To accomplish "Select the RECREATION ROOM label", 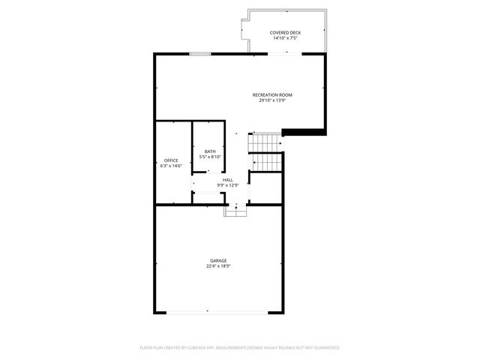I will pyautogui.click(x=271, y=94).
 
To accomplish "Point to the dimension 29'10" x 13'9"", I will pyautogui.click(x=271, y=100).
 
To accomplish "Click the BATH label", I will pyautogui.click(x=210, y=151).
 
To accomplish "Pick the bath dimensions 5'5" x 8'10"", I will pyautogui.click(x=210, y=157).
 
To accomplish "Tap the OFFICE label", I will pyautogui.click(x=171, y=160).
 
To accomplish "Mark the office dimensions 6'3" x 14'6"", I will pyautogui.click(x=171, y=166).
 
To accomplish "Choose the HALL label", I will pyautogui.click(x=227, y=180).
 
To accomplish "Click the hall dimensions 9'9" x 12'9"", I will pyautogui.click(x=227, y=185).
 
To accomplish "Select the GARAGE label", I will pyautogui.click(x=218, y=260).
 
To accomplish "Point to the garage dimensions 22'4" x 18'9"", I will pyautogui.click(x=218, y=265).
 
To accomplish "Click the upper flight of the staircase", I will pyautogui.click(x=265, y=142).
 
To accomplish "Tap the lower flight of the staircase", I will pyautogui.click(x=265, y=161).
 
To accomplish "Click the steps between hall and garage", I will pyautogui.click(x=235, y=211).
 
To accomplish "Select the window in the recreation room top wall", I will pyautogui.click(x=199, y=53).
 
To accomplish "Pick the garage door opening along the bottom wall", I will pyautogui.click(x=218, y=312).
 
